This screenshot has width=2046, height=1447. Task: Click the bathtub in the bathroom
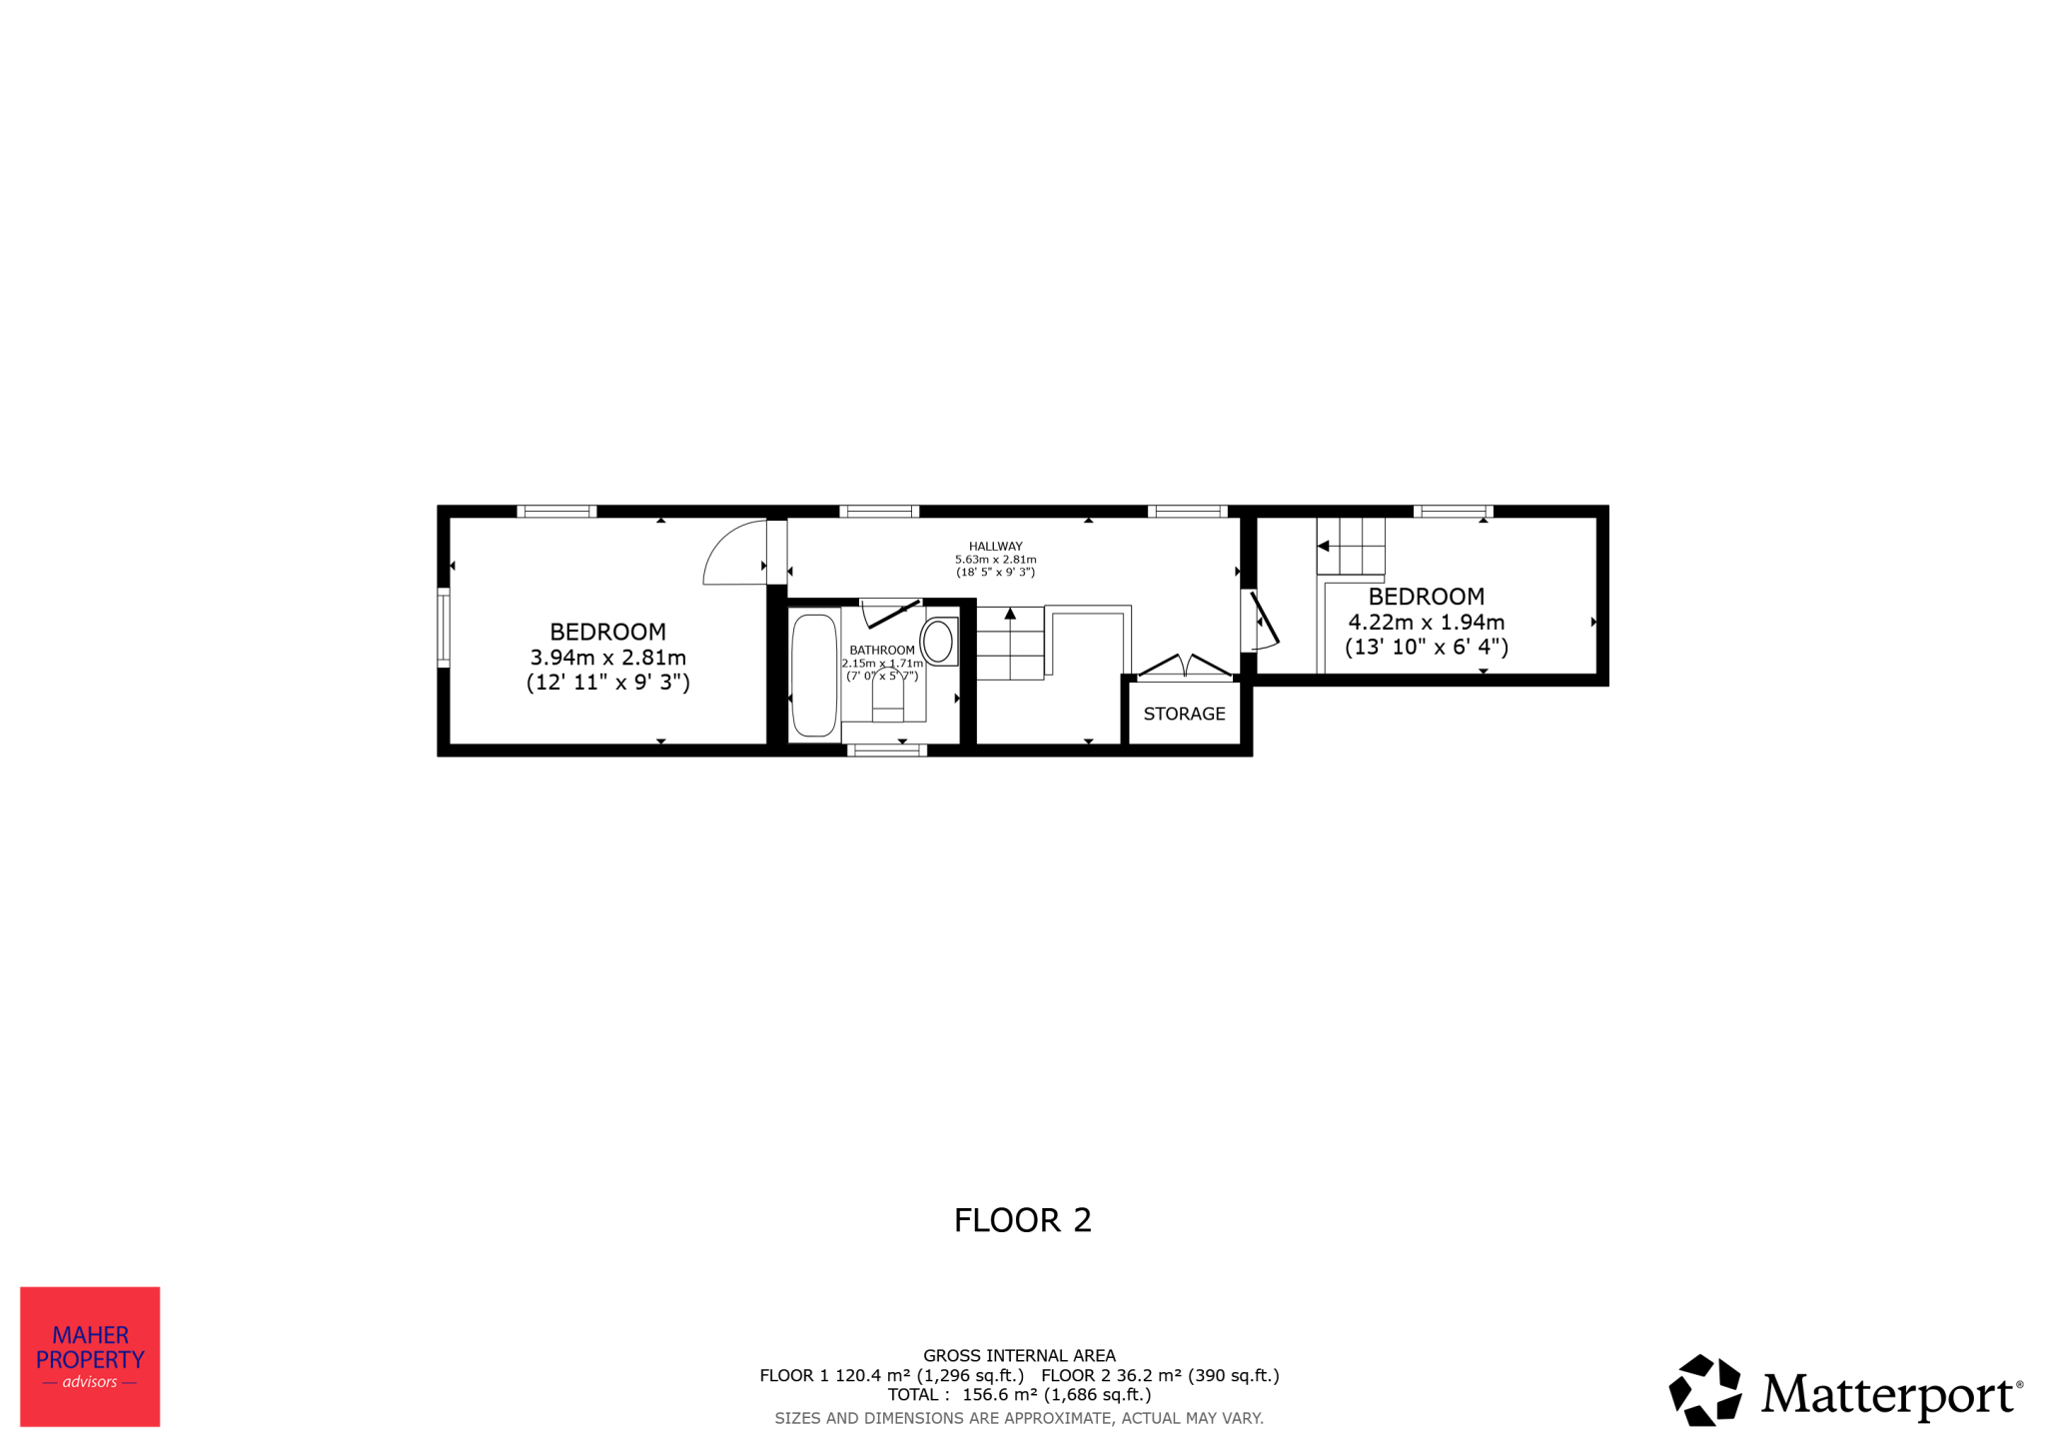(814, 676)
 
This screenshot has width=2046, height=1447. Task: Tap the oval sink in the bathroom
(938, 642)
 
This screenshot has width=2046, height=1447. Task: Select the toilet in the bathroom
(888, 696)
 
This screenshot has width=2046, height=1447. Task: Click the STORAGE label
(1184, 714)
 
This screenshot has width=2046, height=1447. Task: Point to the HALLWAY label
(995, 547)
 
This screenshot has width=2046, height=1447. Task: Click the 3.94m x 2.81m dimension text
(607, 658)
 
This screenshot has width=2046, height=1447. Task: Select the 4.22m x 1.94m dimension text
(1426, 622)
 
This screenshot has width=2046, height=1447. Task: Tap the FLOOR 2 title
(1022, 1220)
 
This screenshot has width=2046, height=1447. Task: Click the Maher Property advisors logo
(90, 1356)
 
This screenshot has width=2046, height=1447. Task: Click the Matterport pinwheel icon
(1705, 1390)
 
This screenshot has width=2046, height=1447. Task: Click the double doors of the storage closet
(1185, 667)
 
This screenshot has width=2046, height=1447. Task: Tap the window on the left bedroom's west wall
(444, 628)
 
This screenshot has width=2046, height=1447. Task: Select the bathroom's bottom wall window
(887, 750)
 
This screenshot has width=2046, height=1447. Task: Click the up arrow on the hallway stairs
(1010, 614)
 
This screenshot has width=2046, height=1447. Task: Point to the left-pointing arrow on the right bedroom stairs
(1323, 546)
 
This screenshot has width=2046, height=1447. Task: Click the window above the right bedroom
(1453, 512)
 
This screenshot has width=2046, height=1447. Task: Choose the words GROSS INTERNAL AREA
(1019, 1356)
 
